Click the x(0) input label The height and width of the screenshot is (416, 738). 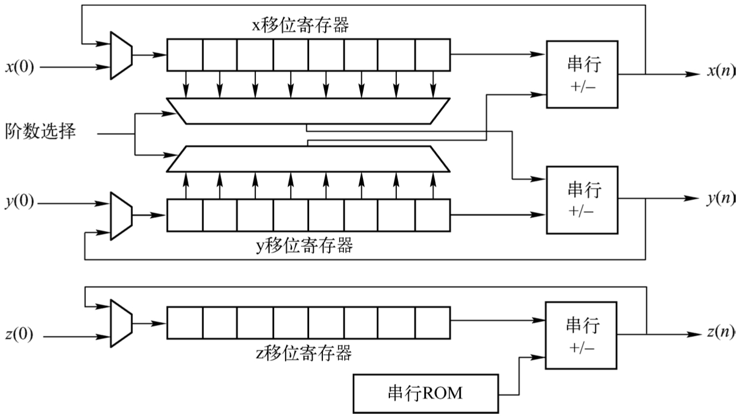coord(19,67)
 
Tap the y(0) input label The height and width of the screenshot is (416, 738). coord(19,203)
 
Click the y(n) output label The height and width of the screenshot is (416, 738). coord(720,199)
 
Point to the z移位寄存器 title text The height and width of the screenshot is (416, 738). coord(310,352)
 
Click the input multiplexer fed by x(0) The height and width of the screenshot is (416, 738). coord(121,54)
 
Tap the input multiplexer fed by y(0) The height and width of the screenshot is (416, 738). coord(121,215)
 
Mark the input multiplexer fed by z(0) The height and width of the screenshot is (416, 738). coord(121,323)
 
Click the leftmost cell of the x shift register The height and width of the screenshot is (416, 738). coord(184,54)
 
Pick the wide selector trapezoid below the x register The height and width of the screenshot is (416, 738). coord(307,111)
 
